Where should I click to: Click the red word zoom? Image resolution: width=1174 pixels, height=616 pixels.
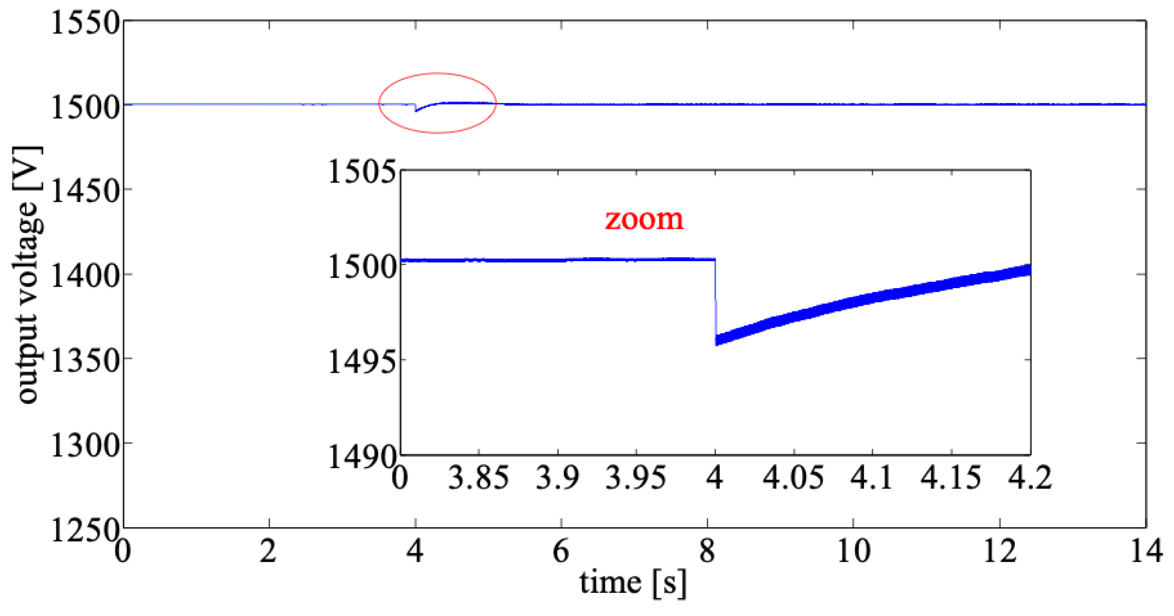644,219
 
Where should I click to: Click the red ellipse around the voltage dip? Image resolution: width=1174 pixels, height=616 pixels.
437,73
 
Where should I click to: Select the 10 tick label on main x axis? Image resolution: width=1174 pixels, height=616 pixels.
854,551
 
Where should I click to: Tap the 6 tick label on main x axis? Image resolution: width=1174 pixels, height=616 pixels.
561,551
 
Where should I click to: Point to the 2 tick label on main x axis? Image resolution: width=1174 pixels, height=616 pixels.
269,551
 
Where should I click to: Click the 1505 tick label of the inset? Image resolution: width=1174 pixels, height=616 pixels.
362,172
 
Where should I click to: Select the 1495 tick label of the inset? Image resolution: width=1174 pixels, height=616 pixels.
362,363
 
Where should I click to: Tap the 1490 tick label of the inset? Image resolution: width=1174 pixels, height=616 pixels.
362,457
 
